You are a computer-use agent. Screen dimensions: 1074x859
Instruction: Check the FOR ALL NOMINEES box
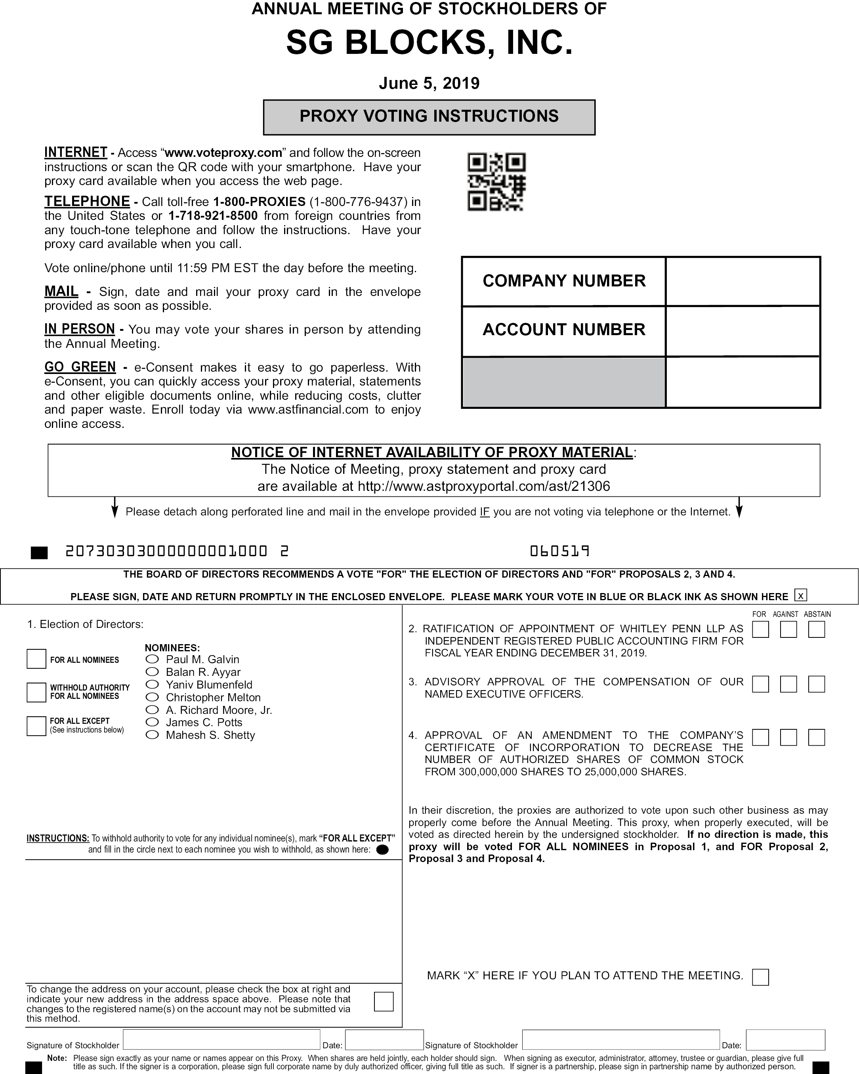tap(36, 658)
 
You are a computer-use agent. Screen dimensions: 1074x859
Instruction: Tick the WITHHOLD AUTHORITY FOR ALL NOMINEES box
tap(36, 692)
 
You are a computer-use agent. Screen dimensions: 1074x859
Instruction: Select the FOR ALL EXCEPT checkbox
tap(36, 726)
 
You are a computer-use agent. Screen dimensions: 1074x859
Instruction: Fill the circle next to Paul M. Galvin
tap(152, 659)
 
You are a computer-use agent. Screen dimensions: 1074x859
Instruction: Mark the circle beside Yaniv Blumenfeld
tap(152, 685)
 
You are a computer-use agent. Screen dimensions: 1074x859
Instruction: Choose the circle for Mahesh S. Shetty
tap(152, 735)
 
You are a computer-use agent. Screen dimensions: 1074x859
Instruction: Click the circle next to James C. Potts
tap(152, 722)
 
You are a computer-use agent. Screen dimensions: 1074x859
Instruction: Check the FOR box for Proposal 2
tap(760, 630)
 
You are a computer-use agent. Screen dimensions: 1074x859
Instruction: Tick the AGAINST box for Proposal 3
tap(788, 684)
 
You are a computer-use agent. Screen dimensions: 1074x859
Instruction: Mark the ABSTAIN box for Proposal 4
tap(817, 737)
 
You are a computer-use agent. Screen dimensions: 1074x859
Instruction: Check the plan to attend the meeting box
tap(760, 977)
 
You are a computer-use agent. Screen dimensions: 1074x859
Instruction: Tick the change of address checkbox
tap(384, 1001)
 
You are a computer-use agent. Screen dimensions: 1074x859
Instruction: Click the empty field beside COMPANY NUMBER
tap(743, 281)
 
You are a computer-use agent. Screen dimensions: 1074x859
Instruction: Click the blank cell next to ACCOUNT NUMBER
tap(743, 331)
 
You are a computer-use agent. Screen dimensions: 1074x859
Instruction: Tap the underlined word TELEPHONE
tap(87, 201)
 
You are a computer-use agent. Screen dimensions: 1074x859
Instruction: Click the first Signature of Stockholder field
tap(221, 1040)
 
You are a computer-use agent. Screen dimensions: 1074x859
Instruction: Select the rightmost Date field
tap(785, 1040)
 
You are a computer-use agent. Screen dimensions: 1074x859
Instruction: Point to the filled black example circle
tap(383, 850)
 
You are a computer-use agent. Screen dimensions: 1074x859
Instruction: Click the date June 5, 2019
tap(429, 83)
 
